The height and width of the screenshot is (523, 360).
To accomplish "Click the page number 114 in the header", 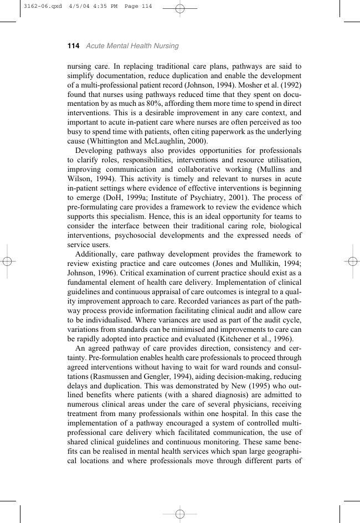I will [73, 46].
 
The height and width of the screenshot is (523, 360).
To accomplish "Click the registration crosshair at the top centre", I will [180, 8].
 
